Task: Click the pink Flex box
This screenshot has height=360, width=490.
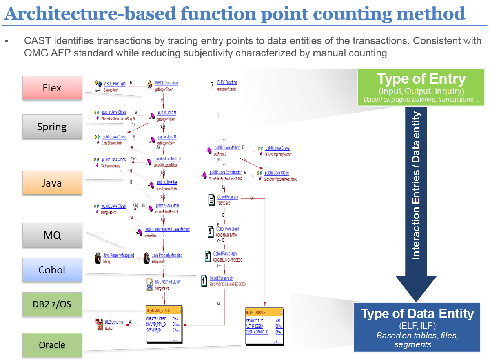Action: (x=52, y=88)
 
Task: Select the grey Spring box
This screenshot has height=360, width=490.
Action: (x=52, y=127)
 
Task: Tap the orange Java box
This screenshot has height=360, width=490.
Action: (x=52, y=182)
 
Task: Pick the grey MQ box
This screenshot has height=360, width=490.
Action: (x=52, y=235)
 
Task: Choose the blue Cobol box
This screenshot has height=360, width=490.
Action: (x=52, y=270)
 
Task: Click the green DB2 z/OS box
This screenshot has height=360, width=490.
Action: (x=52, y=304)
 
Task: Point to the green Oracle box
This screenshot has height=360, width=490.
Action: (x=52, y=345)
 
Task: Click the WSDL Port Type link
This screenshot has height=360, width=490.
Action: (x=115, y=83)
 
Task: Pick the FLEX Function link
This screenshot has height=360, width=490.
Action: (x=227, y=82)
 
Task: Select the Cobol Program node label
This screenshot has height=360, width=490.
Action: (x=227, y=197)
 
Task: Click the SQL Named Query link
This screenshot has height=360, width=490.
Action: (x=167, y=282)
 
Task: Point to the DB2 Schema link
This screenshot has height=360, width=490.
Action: (x=114, y=322)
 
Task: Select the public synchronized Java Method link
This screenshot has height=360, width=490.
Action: (x=167, y=229)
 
